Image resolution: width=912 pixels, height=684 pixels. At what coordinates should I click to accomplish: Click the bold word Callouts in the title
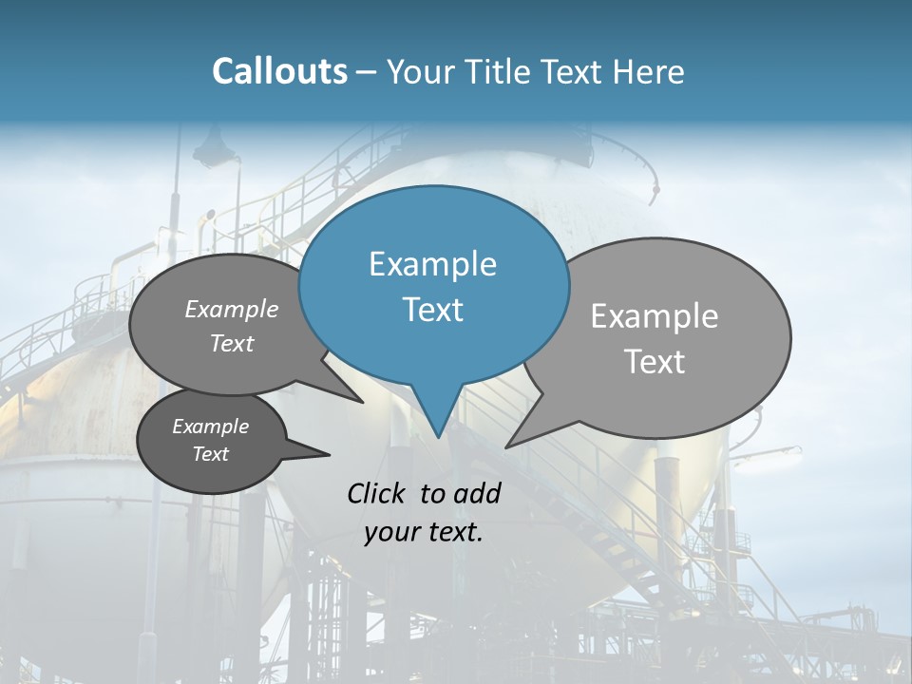point(279,71)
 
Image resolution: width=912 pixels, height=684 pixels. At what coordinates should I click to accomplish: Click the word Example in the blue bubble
point(432,264)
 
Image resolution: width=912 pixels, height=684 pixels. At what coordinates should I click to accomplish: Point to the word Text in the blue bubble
point(432,310)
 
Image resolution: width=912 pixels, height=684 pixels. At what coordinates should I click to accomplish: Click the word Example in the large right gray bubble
point(654,316)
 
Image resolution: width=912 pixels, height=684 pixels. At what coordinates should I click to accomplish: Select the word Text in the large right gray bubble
point(654,362)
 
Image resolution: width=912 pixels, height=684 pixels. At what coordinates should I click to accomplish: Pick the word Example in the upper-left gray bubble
point(231,309)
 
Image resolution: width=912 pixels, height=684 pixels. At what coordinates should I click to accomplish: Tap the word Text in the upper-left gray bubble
point(231,344)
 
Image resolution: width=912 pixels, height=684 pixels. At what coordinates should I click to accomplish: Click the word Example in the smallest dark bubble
point(210,427)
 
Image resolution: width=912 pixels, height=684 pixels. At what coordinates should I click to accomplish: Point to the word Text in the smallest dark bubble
point(210,454)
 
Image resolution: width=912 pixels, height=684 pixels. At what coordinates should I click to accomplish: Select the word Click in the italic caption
point(376,493)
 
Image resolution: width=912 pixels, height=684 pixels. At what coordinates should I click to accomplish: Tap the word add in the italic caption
point(478,493)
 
